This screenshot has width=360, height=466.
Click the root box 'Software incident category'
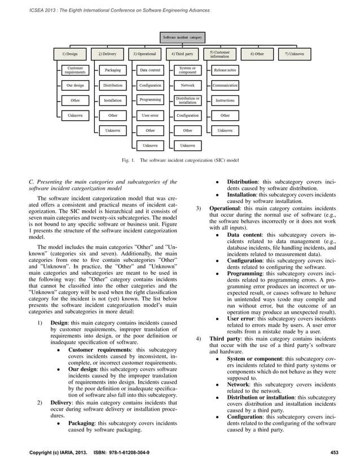pos(182,38)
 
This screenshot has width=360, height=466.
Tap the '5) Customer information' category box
pos(220,54)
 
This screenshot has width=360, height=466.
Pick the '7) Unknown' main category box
pos(294,54)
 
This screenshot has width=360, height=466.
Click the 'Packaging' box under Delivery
pos(113,71)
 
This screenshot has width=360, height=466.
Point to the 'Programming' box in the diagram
pos(150,100)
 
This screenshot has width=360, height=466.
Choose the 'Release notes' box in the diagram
pos(225,71)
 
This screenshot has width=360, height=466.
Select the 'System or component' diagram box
pos(187,71)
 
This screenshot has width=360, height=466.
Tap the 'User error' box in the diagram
pos(150,115)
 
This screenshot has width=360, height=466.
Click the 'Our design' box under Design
pos(75,85)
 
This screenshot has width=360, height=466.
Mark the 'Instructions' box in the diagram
pos(225,100)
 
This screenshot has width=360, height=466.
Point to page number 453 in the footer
pos(334,454)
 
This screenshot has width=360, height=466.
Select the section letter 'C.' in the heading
pos(31,181)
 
